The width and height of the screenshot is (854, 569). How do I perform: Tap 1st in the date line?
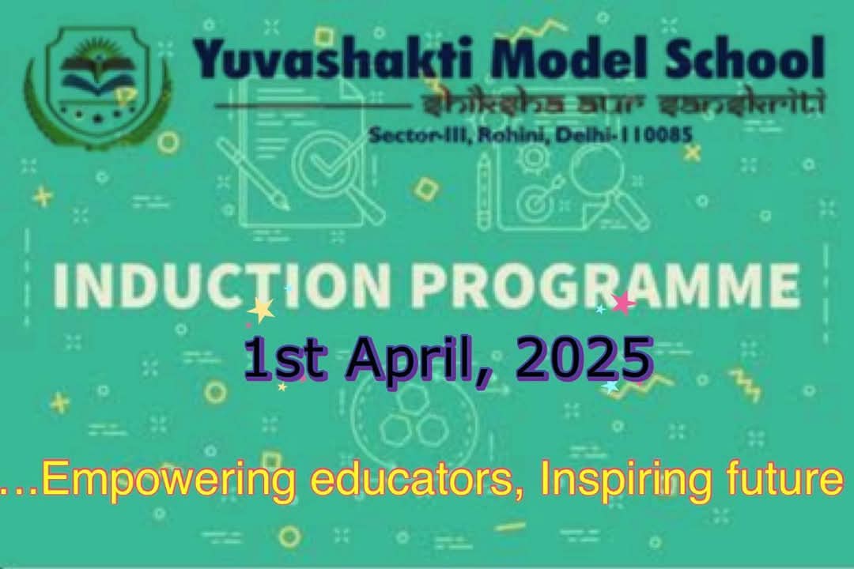pos(285,358)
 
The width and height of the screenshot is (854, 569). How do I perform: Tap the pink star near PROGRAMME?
pos(623,303)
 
